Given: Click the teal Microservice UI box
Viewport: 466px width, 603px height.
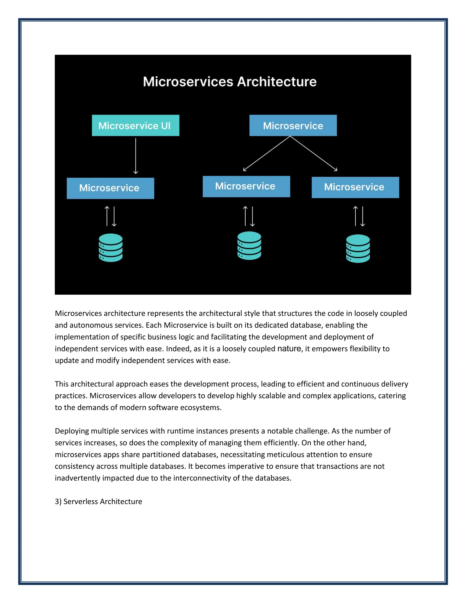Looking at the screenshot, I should point(135,125).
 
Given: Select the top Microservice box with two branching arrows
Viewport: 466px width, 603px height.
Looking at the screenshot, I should point(293,125).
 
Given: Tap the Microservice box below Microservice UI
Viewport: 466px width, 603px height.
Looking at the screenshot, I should point(110,188).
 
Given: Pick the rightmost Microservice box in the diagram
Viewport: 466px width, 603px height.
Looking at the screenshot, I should point(355,187).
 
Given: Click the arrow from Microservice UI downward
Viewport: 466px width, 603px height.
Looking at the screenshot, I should point(136,156).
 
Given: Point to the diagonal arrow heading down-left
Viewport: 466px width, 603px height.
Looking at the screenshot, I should point(266,154).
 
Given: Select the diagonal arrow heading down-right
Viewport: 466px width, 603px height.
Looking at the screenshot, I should point(314,154).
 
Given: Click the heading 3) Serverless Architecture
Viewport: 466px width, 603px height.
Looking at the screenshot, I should point(98,501).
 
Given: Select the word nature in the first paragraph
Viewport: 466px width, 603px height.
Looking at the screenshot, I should point(289,348).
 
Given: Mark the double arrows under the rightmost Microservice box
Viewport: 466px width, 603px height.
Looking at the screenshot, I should point(359,216).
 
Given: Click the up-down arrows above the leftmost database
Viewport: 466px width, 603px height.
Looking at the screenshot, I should point(110,216).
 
